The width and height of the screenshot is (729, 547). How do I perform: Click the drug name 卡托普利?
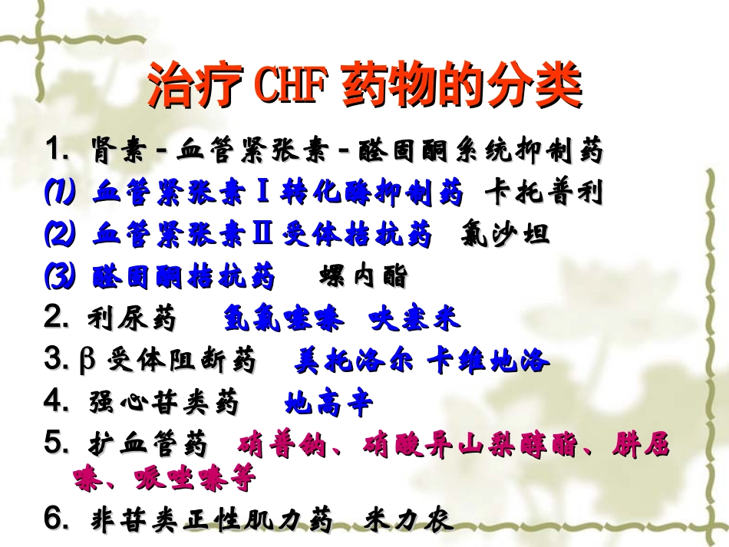pyautogui.click(x=544, y=193)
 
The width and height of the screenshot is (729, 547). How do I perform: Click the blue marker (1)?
pyautogui.click(x=59, y=193)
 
